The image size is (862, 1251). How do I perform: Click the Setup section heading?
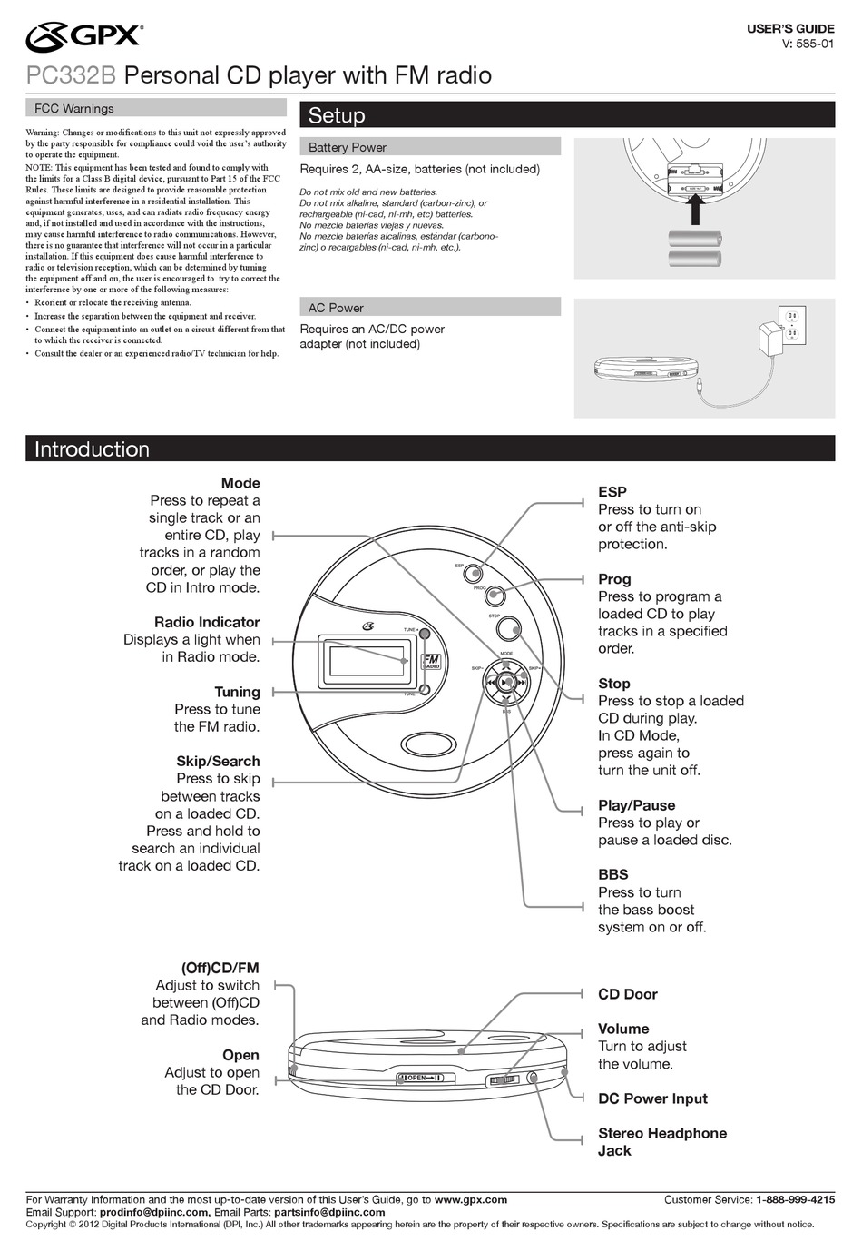tap(337, 115)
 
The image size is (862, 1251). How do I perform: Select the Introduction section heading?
tap(92, 449)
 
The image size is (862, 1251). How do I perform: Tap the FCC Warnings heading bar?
tap(74, 108)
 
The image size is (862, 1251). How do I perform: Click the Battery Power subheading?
tap(348, 147)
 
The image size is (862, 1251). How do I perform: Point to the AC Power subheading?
tap(336, 308)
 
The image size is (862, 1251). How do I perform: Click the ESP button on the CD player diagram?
tap(473, 572)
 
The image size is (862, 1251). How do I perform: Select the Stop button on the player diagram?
tap(509, 628)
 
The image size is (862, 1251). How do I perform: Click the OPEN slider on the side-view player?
tap(424, 1078)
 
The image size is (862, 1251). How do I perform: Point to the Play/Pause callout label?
tap(636, 805)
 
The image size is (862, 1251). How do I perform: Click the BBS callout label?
tap(612, 874)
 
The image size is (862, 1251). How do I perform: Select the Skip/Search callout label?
tap(218, 762)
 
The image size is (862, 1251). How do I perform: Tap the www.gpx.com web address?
tap(470, 1199)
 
